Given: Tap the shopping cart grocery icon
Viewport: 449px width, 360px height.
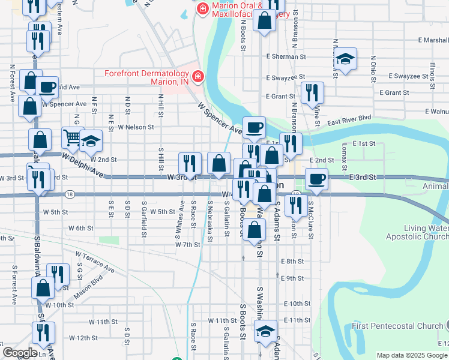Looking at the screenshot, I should click(71, 138).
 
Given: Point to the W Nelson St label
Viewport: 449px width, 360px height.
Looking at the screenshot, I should click(136, 127).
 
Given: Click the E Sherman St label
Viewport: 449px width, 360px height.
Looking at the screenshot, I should click(286, 57).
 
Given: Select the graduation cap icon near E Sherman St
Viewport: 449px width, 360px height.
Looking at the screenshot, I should click(345, 59).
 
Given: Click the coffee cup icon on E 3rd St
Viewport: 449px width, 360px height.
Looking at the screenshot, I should click(316, 179).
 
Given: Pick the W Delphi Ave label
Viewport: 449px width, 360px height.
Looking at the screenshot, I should click(83, 165).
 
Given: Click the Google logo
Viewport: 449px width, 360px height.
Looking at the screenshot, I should click(19, 352).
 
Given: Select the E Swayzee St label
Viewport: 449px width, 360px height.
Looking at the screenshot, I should click(286, 78).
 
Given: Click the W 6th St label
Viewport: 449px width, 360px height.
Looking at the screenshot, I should click(80, 229).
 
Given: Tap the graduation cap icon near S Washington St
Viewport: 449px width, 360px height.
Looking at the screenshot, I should click(265, 331).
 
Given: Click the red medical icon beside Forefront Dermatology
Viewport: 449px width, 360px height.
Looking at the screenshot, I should click(197, 77).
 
